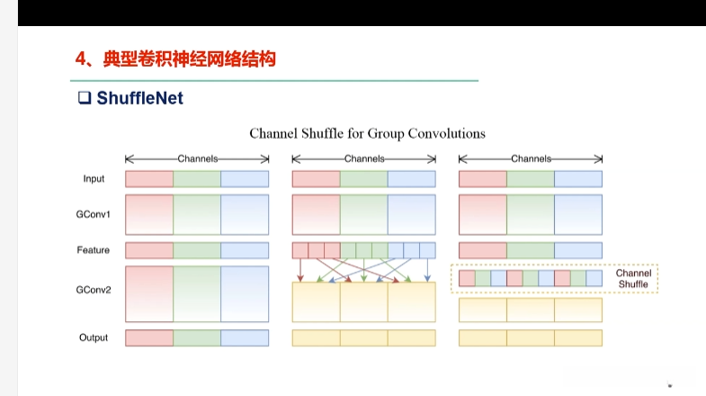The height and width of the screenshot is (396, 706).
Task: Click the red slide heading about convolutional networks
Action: (x=175, y=60)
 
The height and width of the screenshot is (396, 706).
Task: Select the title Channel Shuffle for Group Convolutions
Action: (x=367, y=133)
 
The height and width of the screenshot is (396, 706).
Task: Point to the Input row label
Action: (x=94, y=179)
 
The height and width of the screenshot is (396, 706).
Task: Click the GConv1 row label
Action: (x=93, y=216)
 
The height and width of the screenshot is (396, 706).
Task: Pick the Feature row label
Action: (x=94, y=250)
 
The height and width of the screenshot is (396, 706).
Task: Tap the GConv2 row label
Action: (x=93, y=291)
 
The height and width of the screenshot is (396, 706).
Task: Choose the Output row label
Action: (x=94, y=337)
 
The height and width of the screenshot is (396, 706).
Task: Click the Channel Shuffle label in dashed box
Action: (x=634, y=278)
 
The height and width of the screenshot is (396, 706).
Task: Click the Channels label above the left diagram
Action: (x=197, y=158)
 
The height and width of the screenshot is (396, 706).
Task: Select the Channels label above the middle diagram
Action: (x=364, y=158)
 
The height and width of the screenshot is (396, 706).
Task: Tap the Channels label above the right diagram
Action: (x=531, y=158)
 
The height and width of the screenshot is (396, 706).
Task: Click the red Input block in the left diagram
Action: (x=149, y=179)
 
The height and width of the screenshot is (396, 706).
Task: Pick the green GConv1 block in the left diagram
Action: (x=197, y=215)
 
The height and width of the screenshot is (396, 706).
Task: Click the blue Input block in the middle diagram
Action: (x=411, y=179)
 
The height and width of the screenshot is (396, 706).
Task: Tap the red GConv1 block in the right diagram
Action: (x=483, y=215)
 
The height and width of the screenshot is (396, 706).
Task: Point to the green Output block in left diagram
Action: (x=197, y=337)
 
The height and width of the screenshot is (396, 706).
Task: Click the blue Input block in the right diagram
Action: (x=578, y=179)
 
